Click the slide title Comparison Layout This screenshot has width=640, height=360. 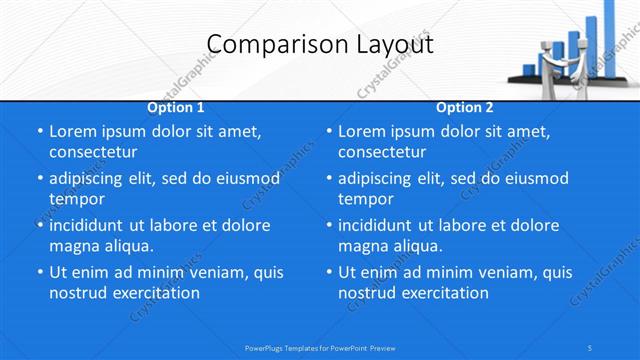[x=320, y=45]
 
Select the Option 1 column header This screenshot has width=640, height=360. [x=176, y=107]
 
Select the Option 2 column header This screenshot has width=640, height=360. [x=465, y=107]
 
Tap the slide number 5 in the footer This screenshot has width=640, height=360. [x=591, y=347]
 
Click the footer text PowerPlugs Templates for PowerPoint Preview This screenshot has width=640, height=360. [x=320, y=347]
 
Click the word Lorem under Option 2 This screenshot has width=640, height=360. [x=361, y=131]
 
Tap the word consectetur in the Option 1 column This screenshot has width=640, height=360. [x=93, y=152]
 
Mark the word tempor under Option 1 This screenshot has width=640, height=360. [x=77, y=199]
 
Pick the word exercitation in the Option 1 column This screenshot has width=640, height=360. [x=153, y=293]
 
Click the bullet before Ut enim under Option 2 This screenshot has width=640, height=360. [x=329, y=272]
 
